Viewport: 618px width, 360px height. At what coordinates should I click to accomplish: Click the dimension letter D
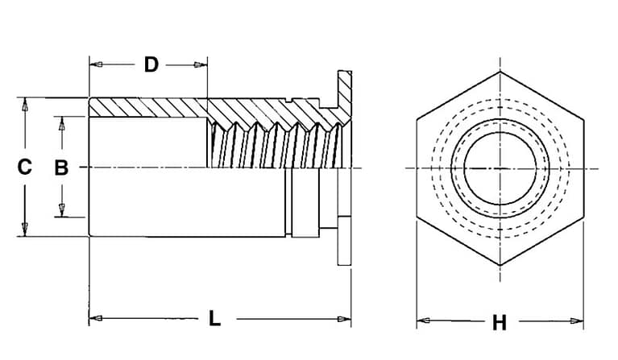point(151,64)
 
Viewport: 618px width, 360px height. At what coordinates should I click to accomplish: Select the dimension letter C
point(24,167)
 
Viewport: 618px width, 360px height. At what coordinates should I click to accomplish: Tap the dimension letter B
point(61,168)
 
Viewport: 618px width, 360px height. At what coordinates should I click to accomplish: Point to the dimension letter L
point(214,318)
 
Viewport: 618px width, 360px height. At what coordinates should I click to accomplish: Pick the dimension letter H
point(500,323)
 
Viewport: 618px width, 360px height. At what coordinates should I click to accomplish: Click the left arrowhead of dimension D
point(96,64)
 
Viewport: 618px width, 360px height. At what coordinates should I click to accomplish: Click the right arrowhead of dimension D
point(201,64)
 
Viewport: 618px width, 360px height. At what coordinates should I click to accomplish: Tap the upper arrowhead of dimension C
point(25,105)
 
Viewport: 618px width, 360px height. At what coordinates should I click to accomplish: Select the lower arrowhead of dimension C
point(25,230)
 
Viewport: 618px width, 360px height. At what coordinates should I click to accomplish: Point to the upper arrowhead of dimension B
point(61,123)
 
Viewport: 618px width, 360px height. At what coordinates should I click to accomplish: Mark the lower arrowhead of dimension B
point(61,210)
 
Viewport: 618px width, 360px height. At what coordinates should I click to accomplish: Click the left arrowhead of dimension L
point(96,318)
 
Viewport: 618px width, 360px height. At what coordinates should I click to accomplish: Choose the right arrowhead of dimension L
point(344,319)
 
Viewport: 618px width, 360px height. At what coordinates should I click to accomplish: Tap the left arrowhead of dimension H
point(423,321)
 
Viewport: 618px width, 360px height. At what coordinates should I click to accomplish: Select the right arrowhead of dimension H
point(577,321)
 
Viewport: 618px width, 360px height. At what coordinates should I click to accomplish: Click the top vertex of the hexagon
point(500,72)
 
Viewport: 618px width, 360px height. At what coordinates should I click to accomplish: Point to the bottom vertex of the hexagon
point(500,265)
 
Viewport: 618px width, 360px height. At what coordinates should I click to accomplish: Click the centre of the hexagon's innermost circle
point(500,168)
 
